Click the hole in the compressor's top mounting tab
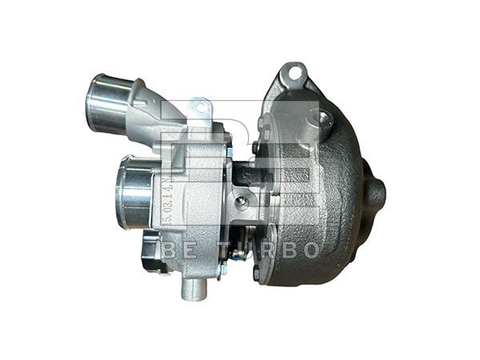click(x=198, y=104)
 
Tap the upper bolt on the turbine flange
click(x=261, y=122)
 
